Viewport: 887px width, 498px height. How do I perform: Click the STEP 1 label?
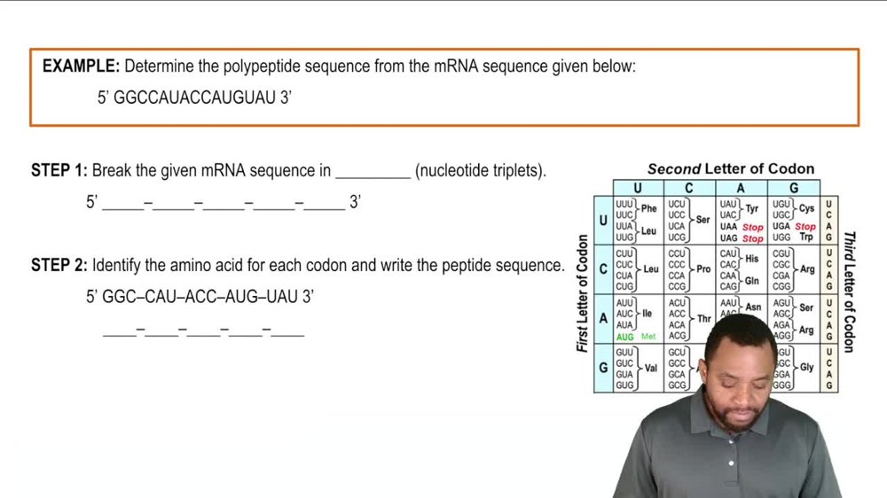tap(59, 170)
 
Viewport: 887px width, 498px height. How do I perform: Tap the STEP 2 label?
tap(59, 265)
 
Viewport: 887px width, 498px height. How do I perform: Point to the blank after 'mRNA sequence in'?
tap(373, 172)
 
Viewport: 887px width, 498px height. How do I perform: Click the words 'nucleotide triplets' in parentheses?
tap(480, 170)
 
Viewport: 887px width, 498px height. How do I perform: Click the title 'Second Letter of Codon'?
tap(730, 168)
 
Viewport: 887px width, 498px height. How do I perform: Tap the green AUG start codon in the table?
tap(624, 337)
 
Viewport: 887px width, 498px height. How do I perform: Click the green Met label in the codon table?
tap(648, 337)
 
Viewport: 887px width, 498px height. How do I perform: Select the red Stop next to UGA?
tap(805, 227)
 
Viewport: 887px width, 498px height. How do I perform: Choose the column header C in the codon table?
tap(688, 187)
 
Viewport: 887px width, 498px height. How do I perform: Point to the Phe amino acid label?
tap(649, 209)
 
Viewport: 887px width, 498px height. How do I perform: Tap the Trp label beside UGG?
tap(805, 237)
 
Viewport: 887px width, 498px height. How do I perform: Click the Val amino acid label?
tap(650, 368)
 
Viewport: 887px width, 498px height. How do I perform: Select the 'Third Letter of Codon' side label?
tap(849, 292)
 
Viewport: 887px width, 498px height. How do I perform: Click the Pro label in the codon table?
tap(703, 268)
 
